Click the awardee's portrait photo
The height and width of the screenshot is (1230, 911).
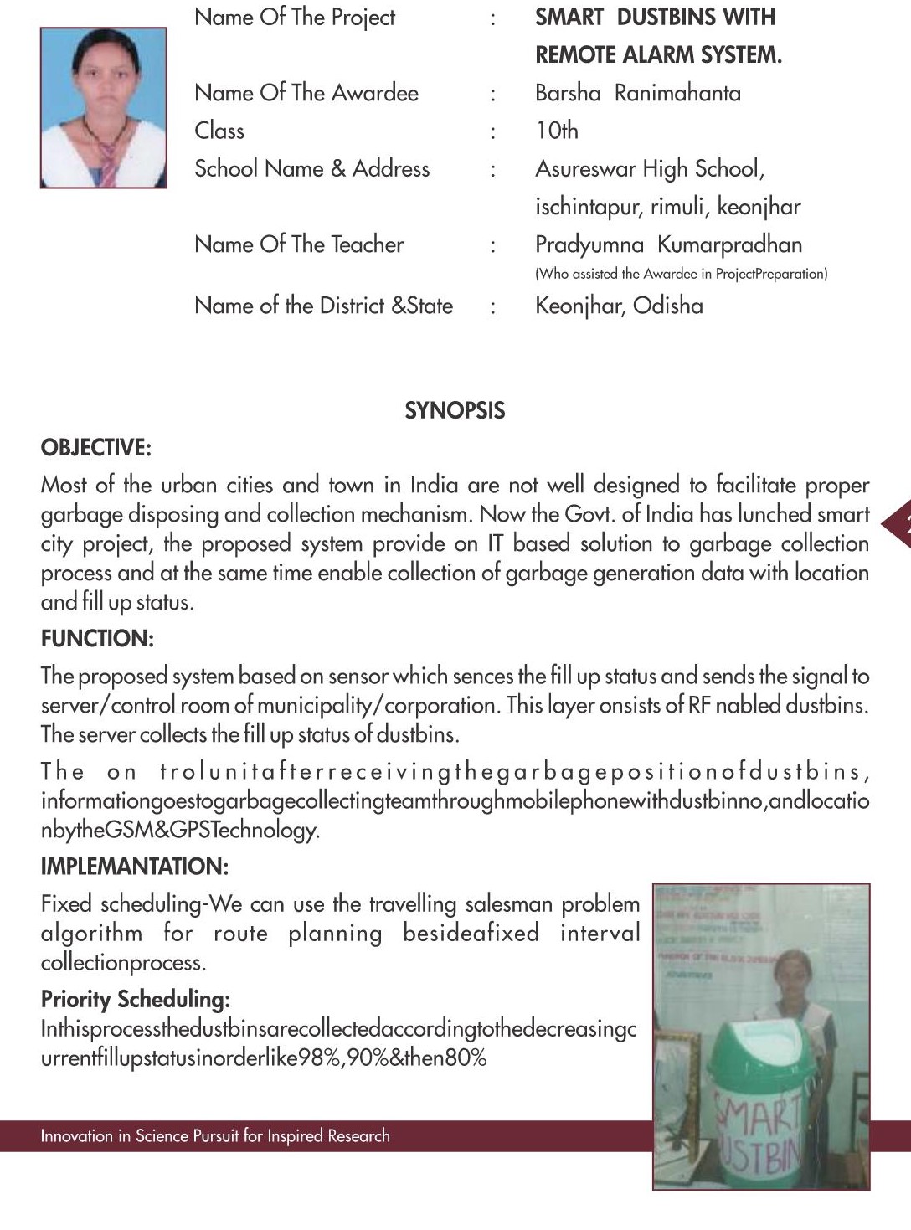(x=104, y=107)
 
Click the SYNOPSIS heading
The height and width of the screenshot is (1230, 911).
(x=455, y=410)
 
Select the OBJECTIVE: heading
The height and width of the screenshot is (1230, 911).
(x=96, y=447)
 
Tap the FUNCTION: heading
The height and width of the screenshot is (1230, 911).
(x=97, y=639)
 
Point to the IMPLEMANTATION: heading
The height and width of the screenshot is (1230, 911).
(x=134, y=867)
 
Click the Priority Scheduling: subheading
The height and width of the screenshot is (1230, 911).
(x=136, y=999)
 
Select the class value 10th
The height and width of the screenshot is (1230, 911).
(x=557, y=131)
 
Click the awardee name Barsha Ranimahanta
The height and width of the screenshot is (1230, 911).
(x=638, y=93)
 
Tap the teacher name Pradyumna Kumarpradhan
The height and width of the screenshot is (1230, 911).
(x=668, y=244)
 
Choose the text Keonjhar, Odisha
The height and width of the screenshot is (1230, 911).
(x=619, y=306)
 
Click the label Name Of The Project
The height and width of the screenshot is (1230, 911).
(x=295, y=18)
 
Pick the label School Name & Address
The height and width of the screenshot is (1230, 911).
(x=311, y=169)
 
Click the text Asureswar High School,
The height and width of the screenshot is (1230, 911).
(x=650, y=169)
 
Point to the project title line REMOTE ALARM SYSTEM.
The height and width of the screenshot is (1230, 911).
(x=658, y=55)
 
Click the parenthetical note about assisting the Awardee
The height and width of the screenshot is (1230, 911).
(x=681, y=274)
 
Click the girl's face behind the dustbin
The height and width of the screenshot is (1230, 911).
(x=785, y=974)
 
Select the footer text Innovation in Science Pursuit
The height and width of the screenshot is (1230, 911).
(x=215, y=1136)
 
